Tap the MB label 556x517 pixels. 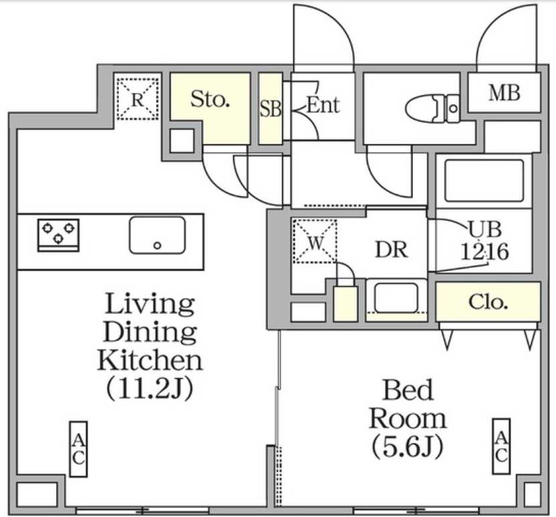click(504, 93)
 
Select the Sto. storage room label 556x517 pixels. click(211, 100)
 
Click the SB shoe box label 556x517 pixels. click(271, 110)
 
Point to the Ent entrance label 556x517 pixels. click(323, 105)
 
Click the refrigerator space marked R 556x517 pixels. click(137, 99)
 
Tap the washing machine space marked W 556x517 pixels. click(315, 241)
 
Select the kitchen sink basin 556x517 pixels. click(157, 235)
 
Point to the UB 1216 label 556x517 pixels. click(484, 241)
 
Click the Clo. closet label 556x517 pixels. click(488, 302)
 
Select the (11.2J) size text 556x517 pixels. click(150, 389)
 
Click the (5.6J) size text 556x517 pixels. click(408, 446)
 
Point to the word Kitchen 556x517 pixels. click(150, 360)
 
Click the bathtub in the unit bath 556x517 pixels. click(483, 180)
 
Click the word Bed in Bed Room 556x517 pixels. click(408, 389)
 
